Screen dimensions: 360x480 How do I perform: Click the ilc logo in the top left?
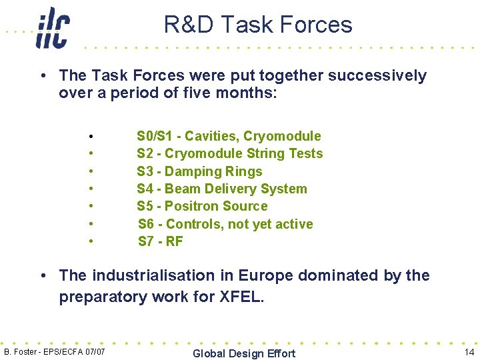pyautogui.click(x=53, y=28)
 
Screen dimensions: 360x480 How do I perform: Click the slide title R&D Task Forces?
pyautogui.click(x=258, y=25)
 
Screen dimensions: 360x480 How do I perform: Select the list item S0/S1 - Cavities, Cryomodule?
pyautogui.click(x=229, y=136)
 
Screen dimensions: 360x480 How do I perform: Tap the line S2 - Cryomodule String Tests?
pyautogui.click(x=229, y=153)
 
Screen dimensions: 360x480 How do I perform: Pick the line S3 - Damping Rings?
pyautogui.click(x=199, y=171)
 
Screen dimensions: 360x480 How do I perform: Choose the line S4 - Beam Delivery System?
pyautogui.click(x=222, y=189)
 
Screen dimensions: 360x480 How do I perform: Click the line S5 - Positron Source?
pyautogui.click(x=202, y=206)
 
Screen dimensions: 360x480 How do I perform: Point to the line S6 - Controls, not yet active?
pyautogui.click(x=225, y=224)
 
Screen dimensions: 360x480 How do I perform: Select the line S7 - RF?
pyautogui.click(x=160, y=241)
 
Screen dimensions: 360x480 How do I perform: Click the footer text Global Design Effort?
pyautogui.click(x=243, y=353)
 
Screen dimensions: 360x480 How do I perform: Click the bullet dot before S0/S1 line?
pyautogui.click(x=90, y=137)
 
